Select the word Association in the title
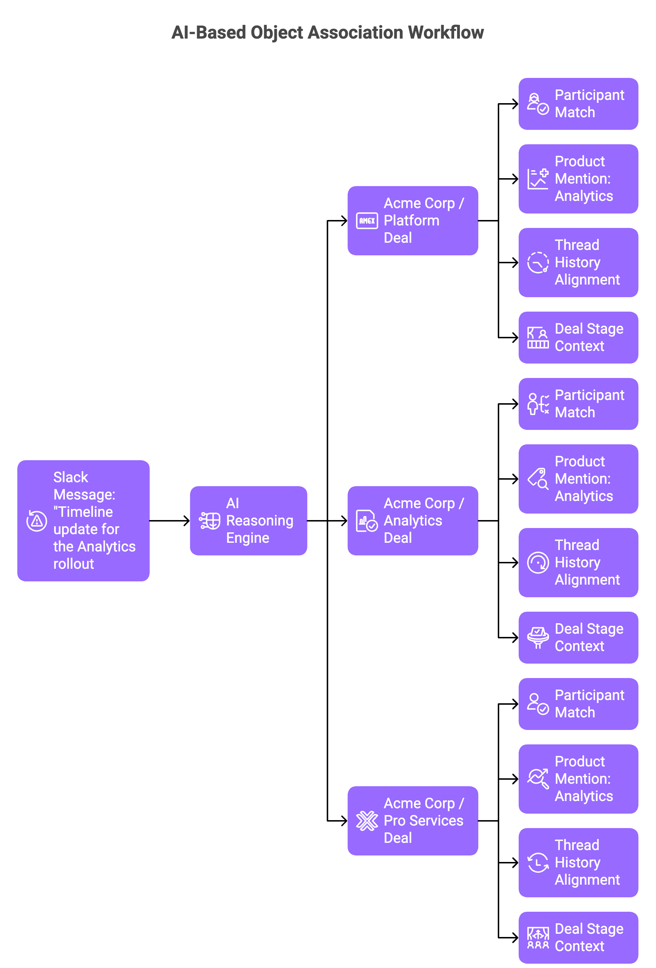355,32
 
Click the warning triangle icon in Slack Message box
37,521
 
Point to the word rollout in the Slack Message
74,564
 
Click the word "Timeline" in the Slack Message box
83,511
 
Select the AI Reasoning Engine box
248,521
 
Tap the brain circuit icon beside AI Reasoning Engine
209,521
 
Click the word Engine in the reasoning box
248,538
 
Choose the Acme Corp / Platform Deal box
412,221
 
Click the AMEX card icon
367,221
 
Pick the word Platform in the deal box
411,220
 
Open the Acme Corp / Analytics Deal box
412,521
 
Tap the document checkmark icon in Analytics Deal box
367,521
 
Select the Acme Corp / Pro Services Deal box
412,820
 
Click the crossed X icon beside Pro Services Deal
367,820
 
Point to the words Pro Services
423,820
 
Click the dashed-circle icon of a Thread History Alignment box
538,263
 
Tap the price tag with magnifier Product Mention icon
538,479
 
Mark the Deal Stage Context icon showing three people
538,938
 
